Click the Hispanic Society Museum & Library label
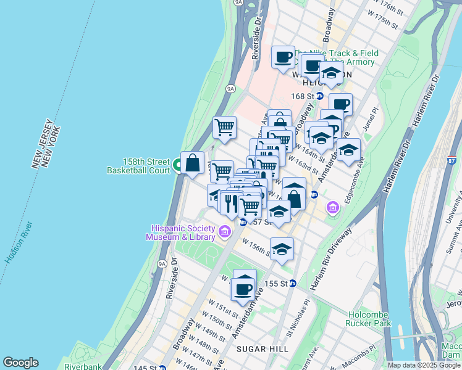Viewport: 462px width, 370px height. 181,232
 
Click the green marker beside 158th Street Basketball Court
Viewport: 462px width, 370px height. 177,165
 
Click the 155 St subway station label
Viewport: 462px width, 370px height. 281,284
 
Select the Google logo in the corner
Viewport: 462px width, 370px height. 20,363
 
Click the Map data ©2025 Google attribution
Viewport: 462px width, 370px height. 424,365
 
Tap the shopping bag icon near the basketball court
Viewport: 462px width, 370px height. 193,163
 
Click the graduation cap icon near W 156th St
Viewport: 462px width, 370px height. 282,249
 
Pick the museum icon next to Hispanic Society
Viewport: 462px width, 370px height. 225,232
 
